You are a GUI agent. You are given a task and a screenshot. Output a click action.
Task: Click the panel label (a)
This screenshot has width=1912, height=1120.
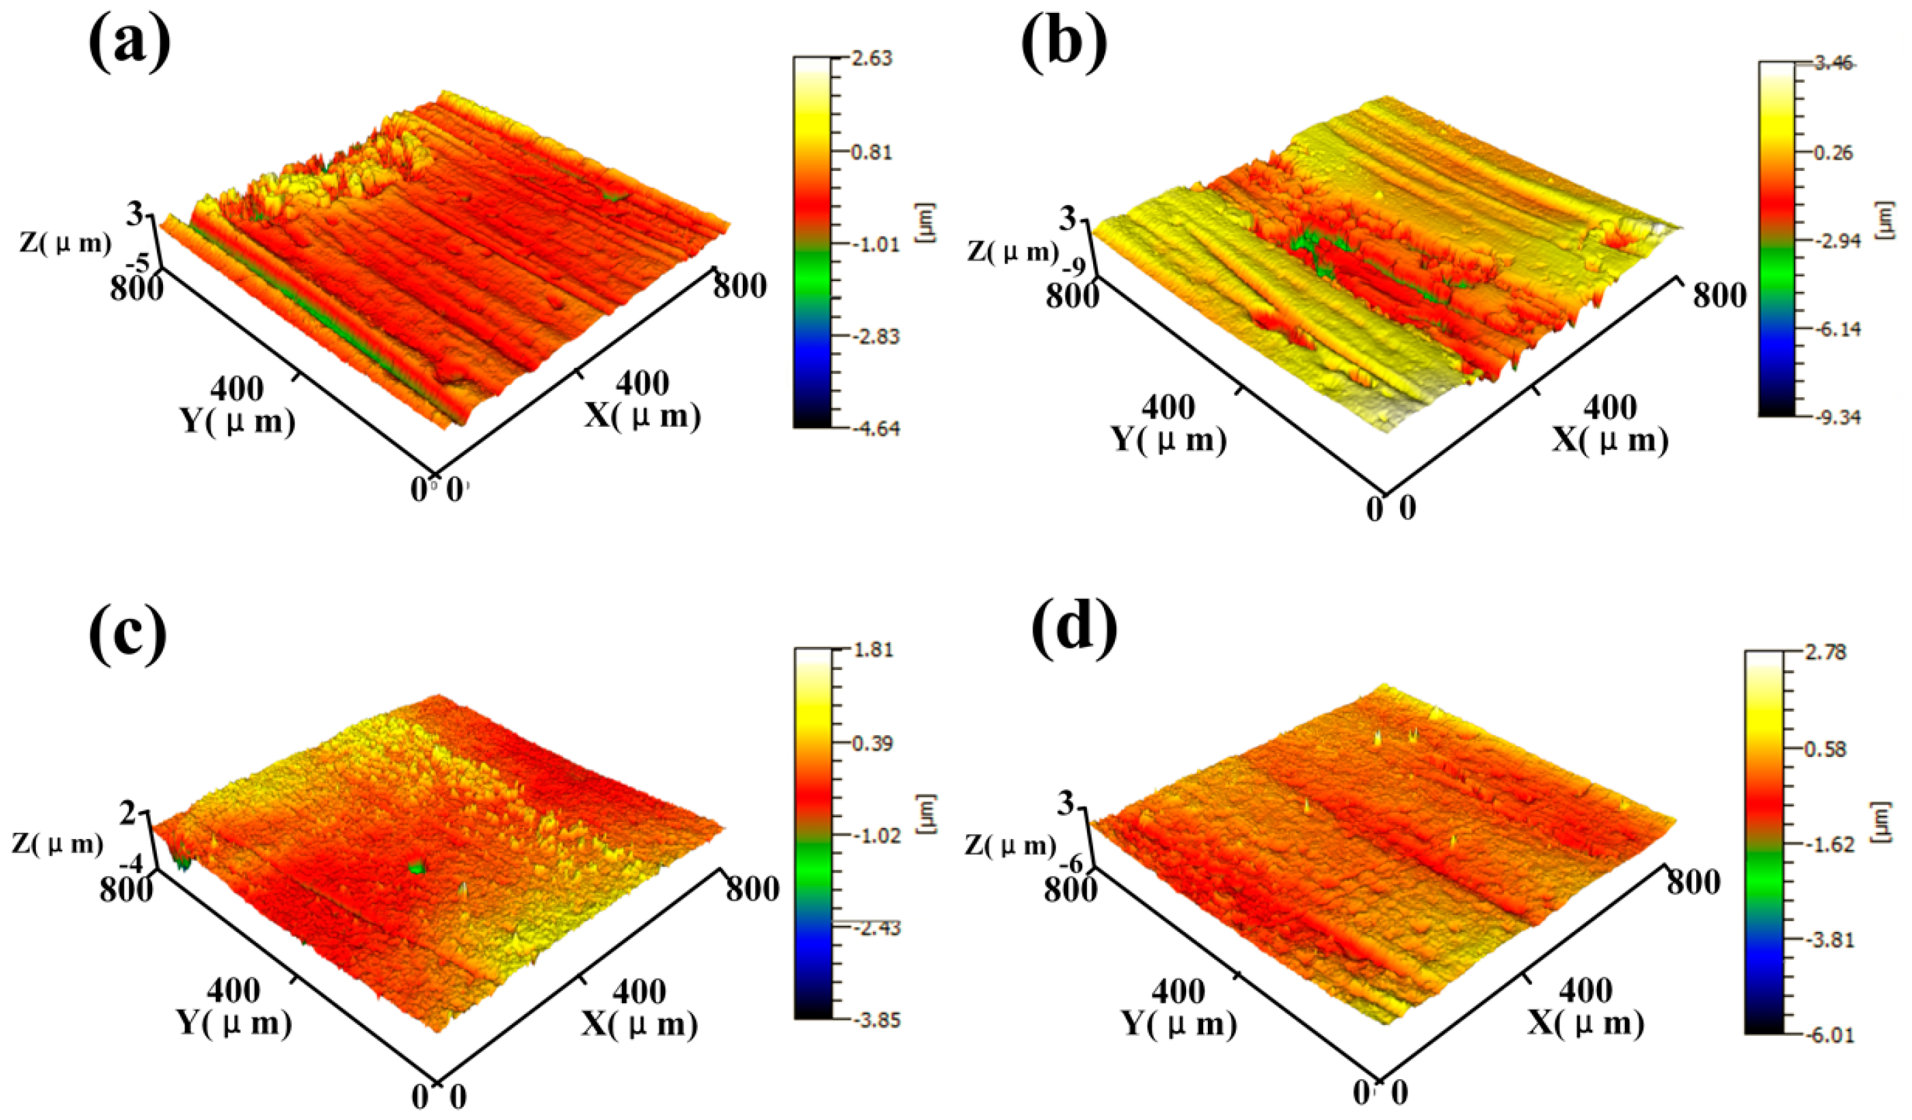(x=129, y=43)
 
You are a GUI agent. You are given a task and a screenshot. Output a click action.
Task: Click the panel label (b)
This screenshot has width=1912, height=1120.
(x=1064, y=43)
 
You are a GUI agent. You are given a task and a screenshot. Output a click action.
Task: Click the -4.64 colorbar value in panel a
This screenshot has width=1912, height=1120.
(x=875, y=429)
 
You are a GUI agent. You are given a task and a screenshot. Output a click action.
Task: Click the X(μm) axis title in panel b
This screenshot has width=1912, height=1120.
(x=1609, y=440)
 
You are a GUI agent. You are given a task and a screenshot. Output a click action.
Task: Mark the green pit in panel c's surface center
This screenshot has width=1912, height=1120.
(x=415, y=867)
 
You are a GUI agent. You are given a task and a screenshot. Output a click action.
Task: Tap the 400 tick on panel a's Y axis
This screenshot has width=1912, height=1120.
(x=237, y=389)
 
